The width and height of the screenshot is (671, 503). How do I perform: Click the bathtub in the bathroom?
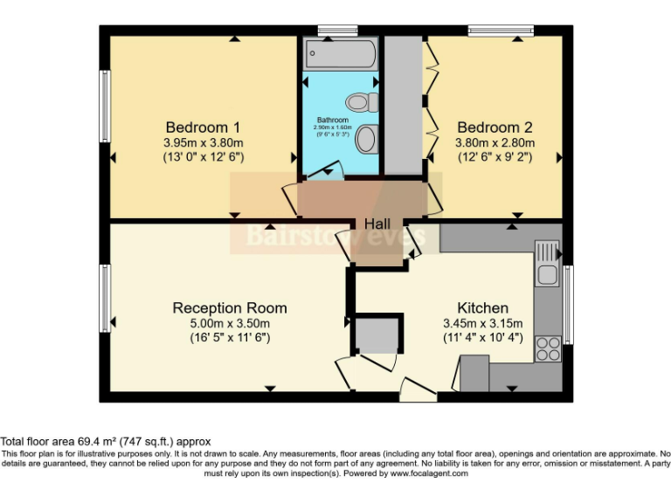pos(341,55)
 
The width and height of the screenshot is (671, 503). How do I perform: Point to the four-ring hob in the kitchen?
pos(548,348)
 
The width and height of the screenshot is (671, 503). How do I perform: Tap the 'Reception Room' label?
pos(229,308)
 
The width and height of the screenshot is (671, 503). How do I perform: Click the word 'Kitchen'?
pos(482,308)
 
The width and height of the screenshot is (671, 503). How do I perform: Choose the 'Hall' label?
pos(377,224)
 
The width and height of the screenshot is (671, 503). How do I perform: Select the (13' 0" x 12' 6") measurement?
pos(203,157)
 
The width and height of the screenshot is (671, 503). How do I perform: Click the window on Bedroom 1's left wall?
pos(104,106)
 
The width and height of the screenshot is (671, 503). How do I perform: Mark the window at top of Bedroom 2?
pos(500,31)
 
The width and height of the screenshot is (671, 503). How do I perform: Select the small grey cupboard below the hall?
pos(377,336)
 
